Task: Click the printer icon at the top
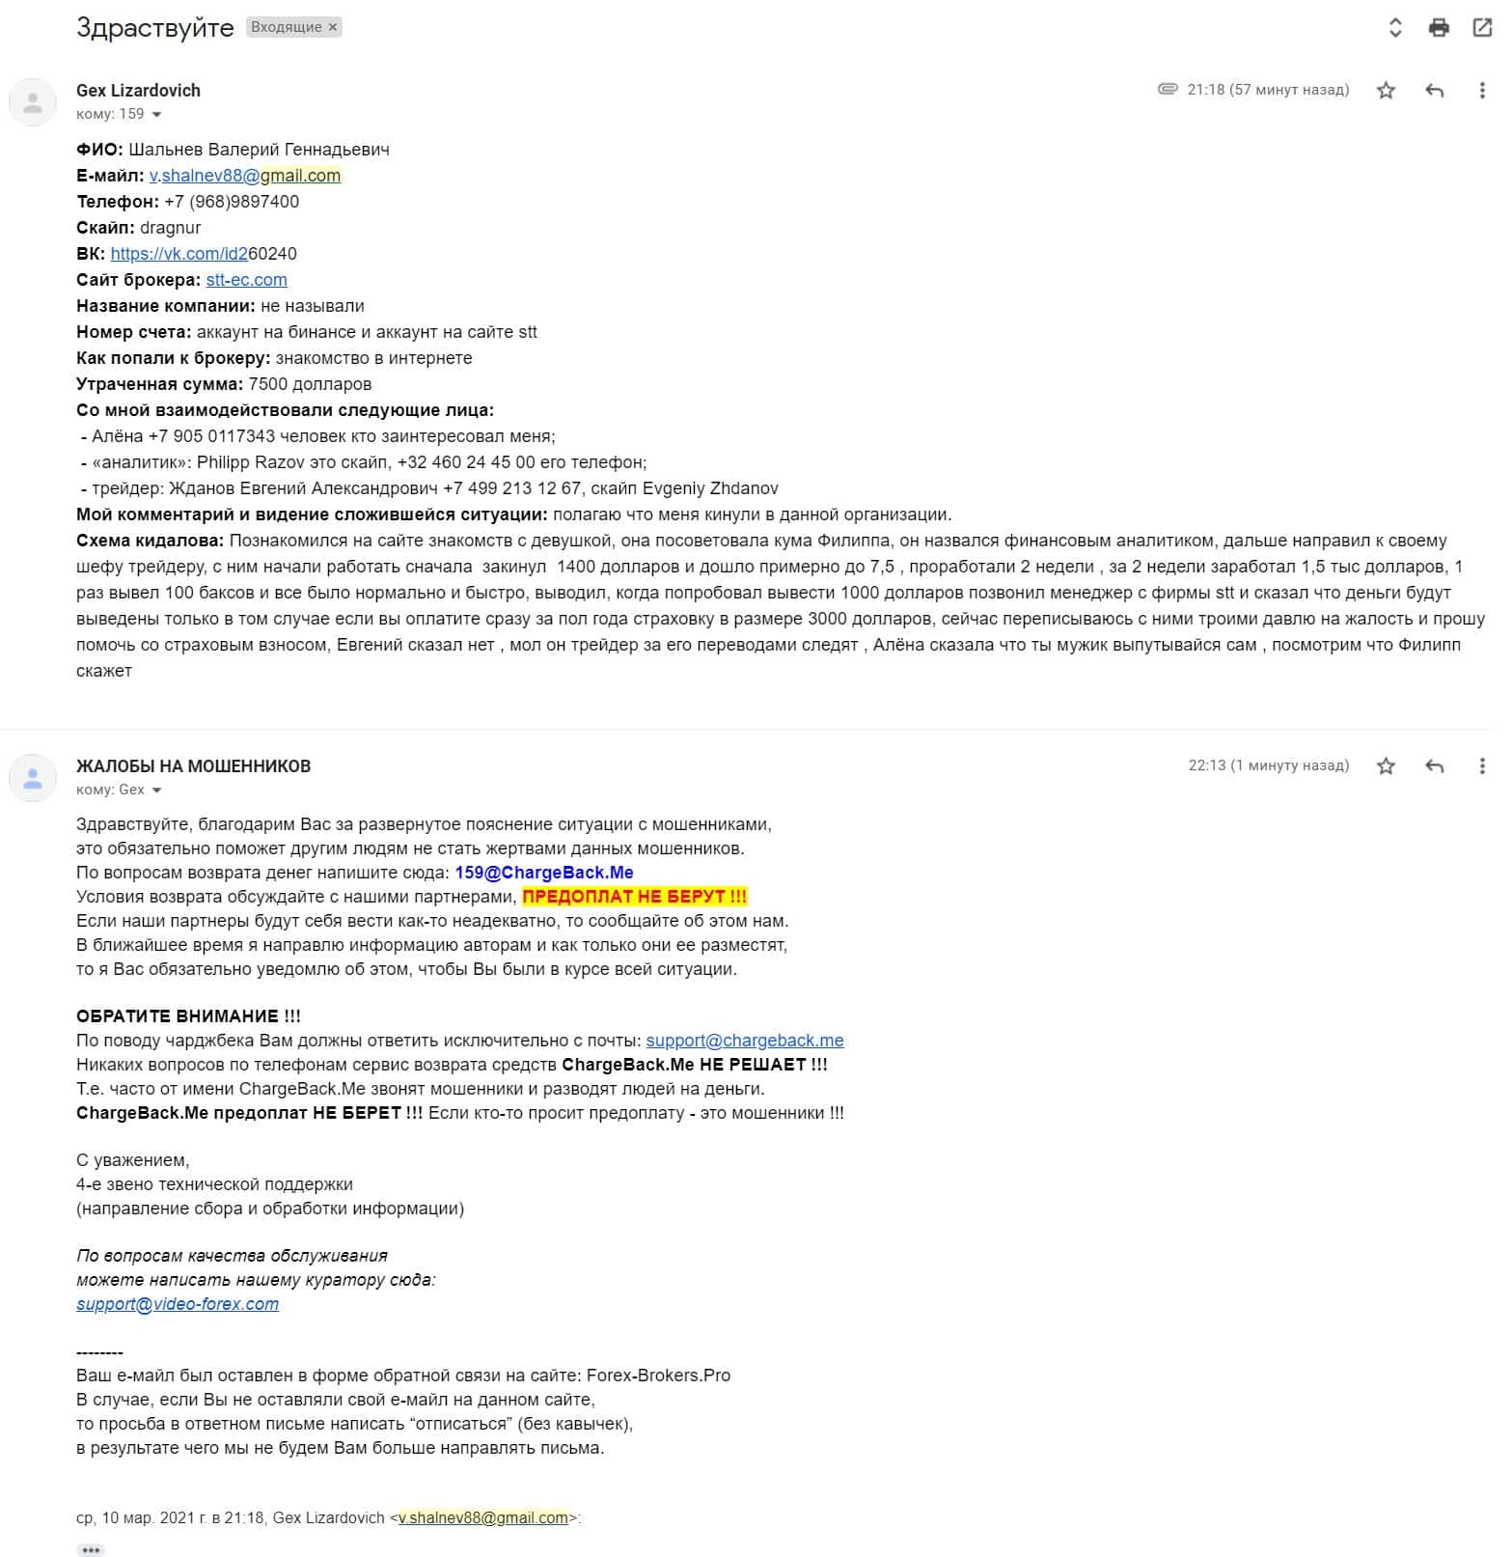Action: coord(1439,27)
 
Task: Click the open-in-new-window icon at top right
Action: coord(1482,27)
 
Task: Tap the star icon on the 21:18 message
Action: coord(1386,91)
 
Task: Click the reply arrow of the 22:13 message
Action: coord(1435,766)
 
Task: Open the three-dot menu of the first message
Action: coord(1482,91)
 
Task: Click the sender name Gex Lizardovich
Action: coord(138,91)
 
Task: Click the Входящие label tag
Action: coord(293,27)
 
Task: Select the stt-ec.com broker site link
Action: coord(246,280)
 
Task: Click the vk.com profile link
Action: coord(203,254)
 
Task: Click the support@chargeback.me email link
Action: coord(745,1041)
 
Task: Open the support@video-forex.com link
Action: coord(178,1304)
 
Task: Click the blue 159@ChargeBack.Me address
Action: coord(544,873)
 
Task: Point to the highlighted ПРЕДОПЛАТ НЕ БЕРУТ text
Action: coord(635,897)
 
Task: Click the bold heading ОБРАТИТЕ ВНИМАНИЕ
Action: coord(188,1016)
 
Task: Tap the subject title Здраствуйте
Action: coord(154,27)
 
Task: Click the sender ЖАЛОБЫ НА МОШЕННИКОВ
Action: coord(193,766)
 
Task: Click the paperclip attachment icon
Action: coord(1168,90)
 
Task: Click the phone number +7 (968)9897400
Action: coord(232,202)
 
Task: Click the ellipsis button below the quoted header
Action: coord(91,1550)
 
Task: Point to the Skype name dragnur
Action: coord(171,228)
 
